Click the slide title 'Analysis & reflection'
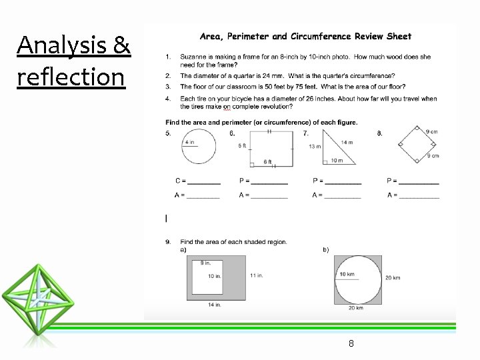[x=73, y=61]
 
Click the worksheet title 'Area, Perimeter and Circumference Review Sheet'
[x=306, y=37]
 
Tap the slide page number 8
[x=351, y=343]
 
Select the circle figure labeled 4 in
[x=198, y=147]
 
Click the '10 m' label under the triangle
[x=337, y=161]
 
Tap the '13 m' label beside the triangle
[x=315, y=147]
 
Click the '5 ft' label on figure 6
[x=243, y=145]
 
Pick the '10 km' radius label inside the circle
[x=347, y=275]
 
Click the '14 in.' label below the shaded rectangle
[x=214, y=305]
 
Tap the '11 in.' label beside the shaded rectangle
[x=256, y=275]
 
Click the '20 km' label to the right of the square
[x=392, y=278]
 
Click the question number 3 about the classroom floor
[x=169, y=87]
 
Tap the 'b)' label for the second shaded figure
[x=326, y=250]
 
